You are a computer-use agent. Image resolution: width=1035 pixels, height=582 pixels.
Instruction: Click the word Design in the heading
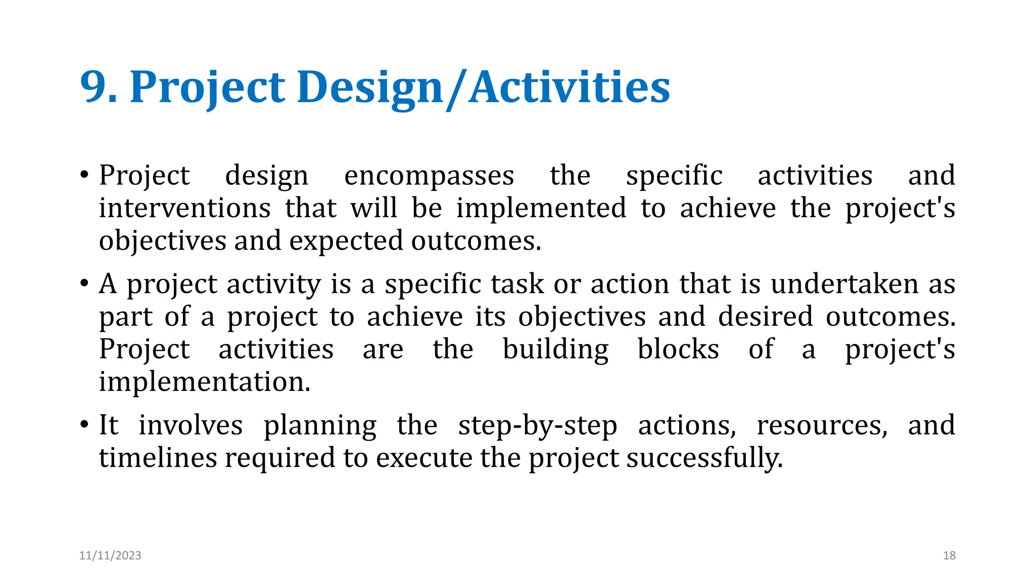coord(369,87)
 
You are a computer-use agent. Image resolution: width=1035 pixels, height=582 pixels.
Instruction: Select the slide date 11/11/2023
coord(110,555)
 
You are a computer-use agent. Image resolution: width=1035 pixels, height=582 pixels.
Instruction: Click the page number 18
coord(949,555)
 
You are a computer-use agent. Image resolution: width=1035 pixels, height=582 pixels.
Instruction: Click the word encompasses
coord(429,176)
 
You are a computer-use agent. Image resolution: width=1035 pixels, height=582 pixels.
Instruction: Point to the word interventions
coord(184,208)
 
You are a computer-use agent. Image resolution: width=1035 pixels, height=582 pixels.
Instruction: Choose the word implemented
coord(541,208)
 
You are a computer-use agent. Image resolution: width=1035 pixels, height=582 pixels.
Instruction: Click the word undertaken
coord(844,284)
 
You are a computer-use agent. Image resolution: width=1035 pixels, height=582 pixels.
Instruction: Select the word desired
coord(765,317)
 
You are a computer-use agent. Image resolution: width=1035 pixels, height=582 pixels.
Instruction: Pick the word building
coord(555,350)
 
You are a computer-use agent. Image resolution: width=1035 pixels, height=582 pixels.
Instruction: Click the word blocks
coord(678,349)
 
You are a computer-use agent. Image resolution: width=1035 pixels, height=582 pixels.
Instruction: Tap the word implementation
coord(204,382)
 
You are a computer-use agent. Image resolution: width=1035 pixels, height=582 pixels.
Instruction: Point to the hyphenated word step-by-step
coord(537,425)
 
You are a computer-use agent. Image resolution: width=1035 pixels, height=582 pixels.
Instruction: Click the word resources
coord(822,425)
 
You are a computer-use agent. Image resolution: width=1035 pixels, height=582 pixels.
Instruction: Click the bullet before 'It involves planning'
coord(84,424)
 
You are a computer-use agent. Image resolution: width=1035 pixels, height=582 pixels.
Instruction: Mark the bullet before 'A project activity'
coord(84,283)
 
